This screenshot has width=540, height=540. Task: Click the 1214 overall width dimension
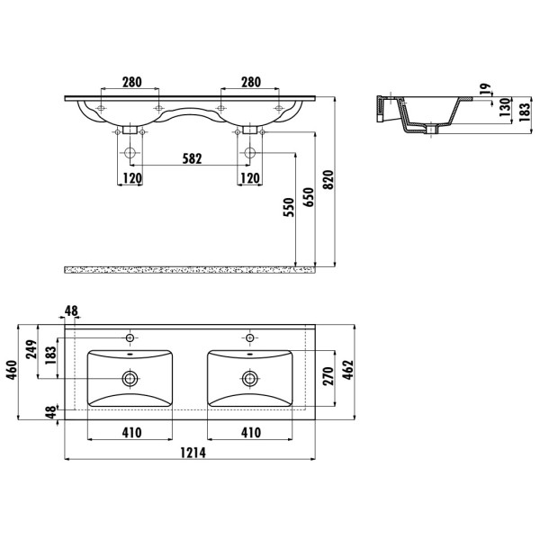click(x=193, y=453)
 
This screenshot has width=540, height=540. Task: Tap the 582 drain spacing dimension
click(x=192, y=158)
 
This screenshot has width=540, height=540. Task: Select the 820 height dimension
click(x=328, y=179)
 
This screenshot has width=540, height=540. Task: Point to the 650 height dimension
click(x=309, y=197)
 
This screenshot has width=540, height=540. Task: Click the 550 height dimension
click(x=289, y=207)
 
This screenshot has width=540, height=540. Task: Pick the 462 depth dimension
click(x=348, y=370)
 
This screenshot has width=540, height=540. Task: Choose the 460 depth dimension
click(x=12, y=370)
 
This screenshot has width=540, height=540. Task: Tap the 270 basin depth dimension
click(x=328, y=376)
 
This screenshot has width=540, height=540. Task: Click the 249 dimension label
click(x=31, y=349)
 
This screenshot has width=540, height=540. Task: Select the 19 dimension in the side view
click(x=485, y=89)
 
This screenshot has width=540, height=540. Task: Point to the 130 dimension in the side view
click(x=505, y=107)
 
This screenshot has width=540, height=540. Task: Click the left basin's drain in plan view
click(x=130, y=379)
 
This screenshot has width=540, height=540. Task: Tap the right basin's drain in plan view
click(x=249, y=379)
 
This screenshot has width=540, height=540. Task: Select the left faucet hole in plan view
click(x=130, y=337)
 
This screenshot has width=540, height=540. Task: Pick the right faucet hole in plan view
click(x=249, y=337)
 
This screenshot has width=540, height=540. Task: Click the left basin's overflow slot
click(x=130, y=354)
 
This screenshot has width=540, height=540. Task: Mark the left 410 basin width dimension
click(x=131, y=433)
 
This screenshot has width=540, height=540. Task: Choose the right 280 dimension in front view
click(x=251, y=82)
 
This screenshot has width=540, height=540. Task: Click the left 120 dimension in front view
click(x=132, y=178)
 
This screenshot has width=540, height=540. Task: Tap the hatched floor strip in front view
click(x=190, y=270)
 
